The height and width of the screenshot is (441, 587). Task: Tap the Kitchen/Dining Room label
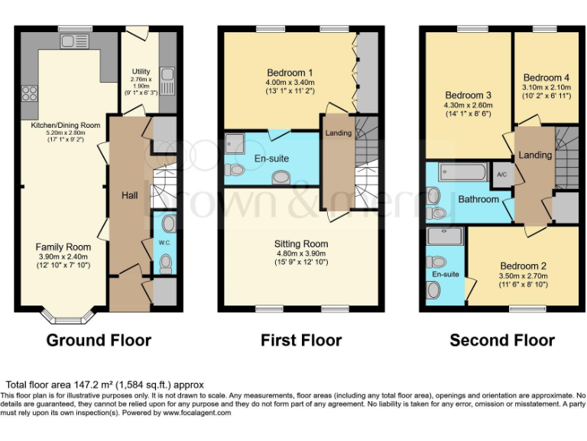click(65, 125)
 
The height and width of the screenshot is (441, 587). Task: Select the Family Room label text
click(63, 247)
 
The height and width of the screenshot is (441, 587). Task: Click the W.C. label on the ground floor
click(164, 243)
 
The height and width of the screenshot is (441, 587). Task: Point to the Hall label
click(129, 196)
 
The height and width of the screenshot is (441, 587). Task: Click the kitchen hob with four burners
click(31, 93)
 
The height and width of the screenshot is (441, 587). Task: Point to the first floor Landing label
click(338, 133)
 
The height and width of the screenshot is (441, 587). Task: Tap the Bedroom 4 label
click(546, 77)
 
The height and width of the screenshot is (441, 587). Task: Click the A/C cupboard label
click(501, 174)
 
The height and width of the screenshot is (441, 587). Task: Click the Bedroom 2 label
click(523, 266)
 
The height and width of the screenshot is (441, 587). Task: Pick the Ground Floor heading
click(99, 340)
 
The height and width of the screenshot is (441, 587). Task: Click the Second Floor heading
click(501, 340)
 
